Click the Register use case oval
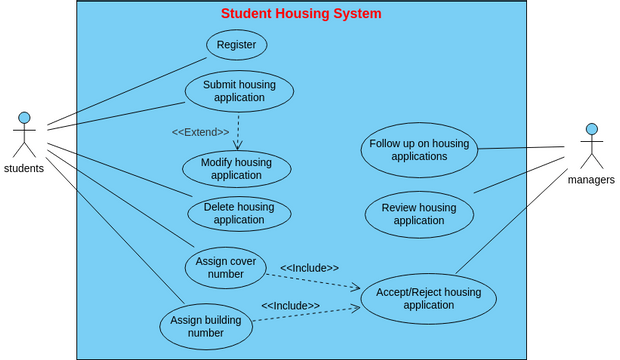point(236,45)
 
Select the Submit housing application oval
point(239,91)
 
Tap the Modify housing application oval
point(236,168)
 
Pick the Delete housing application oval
point(239,213)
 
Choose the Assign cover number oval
point(226,267)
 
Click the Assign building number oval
point(206,326)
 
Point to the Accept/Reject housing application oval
point(428,298)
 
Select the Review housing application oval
point(419,214)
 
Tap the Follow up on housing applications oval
point(419,150)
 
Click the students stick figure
point(24,136)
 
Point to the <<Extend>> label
point(200,132)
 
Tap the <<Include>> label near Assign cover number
point(309,268)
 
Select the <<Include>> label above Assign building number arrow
point(290,305)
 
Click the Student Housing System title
point(301,13)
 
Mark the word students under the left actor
point(24,168)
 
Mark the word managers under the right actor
point(591,180)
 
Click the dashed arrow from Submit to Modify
point(238,130)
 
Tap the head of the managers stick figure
point(591,129)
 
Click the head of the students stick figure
point(24,117)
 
